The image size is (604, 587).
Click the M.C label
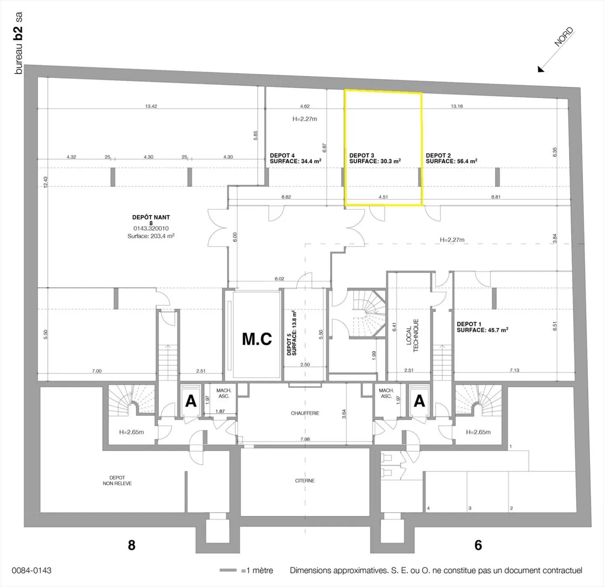coord(257,339)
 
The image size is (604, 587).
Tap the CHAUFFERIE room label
coord(305,413)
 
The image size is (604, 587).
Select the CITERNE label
coord(305,480)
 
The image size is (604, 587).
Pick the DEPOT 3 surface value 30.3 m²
coord(391,161)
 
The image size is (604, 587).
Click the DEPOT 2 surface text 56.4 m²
coord(467,161)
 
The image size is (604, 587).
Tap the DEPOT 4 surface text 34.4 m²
coord(311,161)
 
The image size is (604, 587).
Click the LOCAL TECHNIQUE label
coord(412,336)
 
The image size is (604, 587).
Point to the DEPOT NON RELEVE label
coord(117,480)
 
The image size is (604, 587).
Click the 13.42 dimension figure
coord(151,106)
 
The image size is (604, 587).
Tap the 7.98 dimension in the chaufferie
coord(305,439)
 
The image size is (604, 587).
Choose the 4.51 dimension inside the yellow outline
coord(383,197)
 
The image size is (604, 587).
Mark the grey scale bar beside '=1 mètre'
coord(229,570)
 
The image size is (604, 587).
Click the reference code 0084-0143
coord(31,570)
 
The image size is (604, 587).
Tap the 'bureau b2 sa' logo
coord(18,43)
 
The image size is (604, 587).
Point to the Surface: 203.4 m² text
coord(151,236)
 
